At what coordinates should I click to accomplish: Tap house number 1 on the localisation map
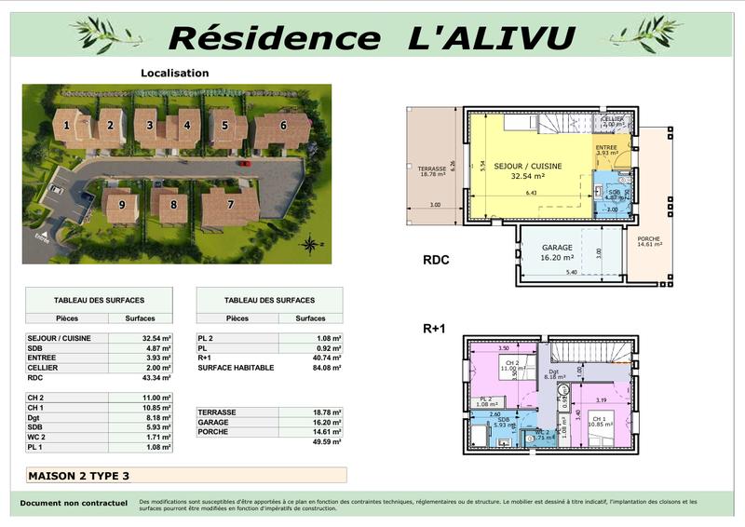pos(67,124)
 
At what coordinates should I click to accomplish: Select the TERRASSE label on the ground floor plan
pos(431,171)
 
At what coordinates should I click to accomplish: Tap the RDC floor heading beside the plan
pos(436,260)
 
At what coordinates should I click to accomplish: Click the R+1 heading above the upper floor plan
pos(436,328)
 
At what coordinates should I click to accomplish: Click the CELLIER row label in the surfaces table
pos(45,368)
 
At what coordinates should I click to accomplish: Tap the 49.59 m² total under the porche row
pos(326,442)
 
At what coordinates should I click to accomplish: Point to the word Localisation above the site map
pos(174,73)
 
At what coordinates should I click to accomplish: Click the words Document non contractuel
pos(74,504)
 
